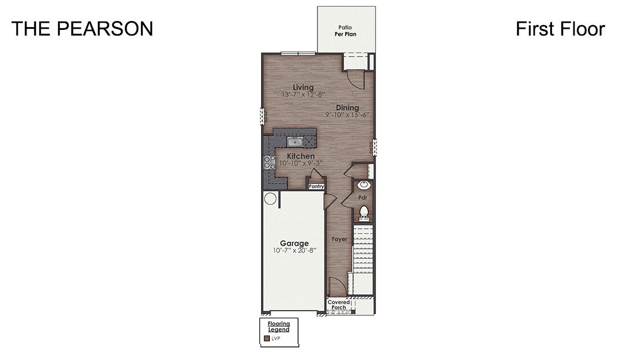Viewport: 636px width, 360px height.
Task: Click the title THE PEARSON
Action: click(x=82, y=29)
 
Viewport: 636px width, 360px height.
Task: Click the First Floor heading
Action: click(x=560, y=29)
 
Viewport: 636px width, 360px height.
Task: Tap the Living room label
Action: click(x=303, y=87)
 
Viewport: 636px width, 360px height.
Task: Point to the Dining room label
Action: click(x=347, y=107)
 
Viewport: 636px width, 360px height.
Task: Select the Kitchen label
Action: click(x=300, y=156)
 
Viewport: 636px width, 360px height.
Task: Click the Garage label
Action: click(x=294, y=243)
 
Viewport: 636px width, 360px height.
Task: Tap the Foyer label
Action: click(x=340, y=239)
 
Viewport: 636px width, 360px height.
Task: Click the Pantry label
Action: click(x=316, y=186)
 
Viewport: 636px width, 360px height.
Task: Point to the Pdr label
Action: click(x=363, y=197)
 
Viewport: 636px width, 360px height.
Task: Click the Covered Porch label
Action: click(x=338, y=305)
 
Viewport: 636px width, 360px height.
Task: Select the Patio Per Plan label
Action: click(x=345, y=30)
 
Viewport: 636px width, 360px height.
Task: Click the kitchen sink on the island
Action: click(x=296, y=142)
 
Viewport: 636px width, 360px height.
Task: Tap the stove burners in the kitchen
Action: click(x=270, y=162)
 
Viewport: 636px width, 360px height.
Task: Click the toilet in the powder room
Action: click(x=364, y=211)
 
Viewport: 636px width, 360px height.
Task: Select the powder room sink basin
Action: click(x=364, y=185)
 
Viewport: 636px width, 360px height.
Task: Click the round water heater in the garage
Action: click(x=270, y=199)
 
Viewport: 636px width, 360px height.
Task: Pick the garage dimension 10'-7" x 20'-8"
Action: click(x=294, y=251)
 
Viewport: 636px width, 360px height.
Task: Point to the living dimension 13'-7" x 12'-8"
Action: click(x=303, y=95)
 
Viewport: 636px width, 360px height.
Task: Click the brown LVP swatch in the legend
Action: click(x=267, y=338)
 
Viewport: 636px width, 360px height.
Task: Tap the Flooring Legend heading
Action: click(x=279, y=326)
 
